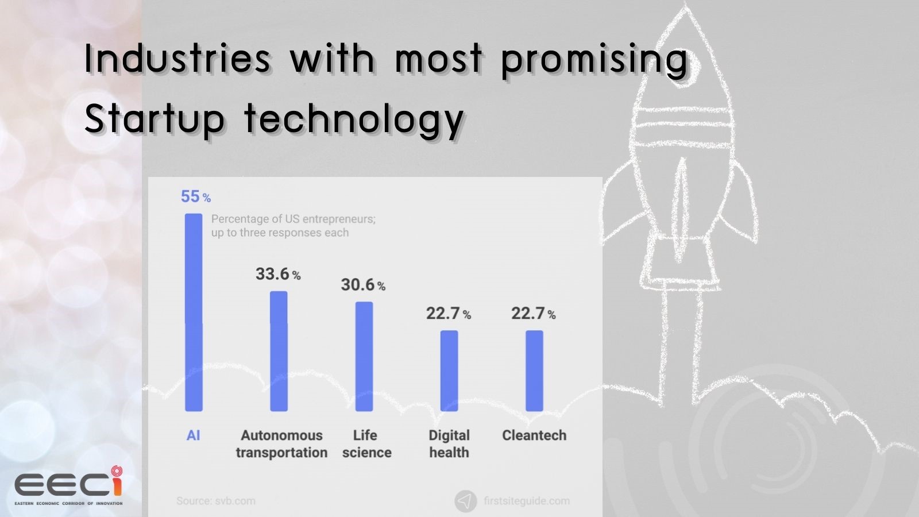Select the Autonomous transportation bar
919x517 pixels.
[279, 351]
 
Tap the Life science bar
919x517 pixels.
[364, 356]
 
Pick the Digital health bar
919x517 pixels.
[449, 371]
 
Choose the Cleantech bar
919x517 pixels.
[534, 371]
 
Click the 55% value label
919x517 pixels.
[196, 197]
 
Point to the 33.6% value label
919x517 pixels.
[278, 274]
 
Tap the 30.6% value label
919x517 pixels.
[363, 285]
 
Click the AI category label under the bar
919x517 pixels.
[194, 435]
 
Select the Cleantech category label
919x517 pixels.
[534, 435]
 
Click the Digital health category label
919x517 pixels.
[449, 443]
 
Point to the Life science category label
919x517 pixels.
[366, 443]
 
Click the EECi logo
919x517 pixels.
[68, 486]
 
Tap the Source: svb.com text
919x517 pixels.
[216, 501]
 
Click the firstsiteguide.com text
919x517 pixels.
[527, 501]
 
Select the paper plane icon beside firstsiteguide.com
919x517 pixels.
[465, 501]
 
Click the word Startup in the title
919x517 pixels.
[154, 119]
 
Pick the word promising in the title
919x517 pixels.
[594, 60]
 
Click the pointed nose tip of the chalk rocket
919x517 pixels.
[685, 7]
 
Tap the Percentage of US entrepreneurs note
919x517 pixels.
[293, 226]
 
